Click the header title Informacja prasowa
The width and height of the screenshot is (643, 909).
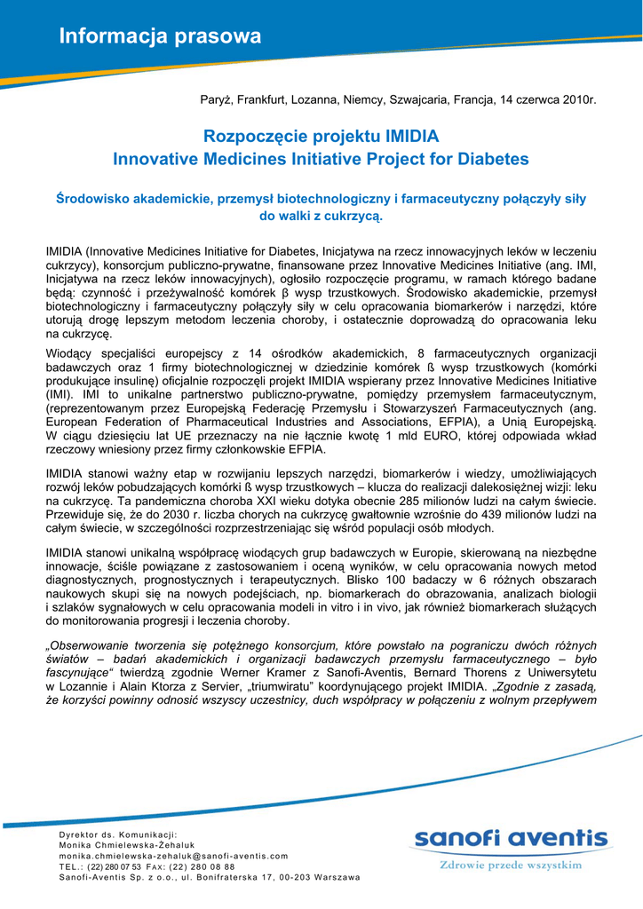tap(160, 36)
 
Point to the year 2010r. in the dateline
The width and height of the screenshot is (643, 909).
tap(579, 99)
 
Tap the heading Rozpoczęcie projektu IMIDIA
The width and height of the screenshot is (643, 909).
tap(321, 137)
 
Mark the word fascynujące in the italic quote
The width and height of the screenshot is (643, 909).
tap(77, 672)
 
